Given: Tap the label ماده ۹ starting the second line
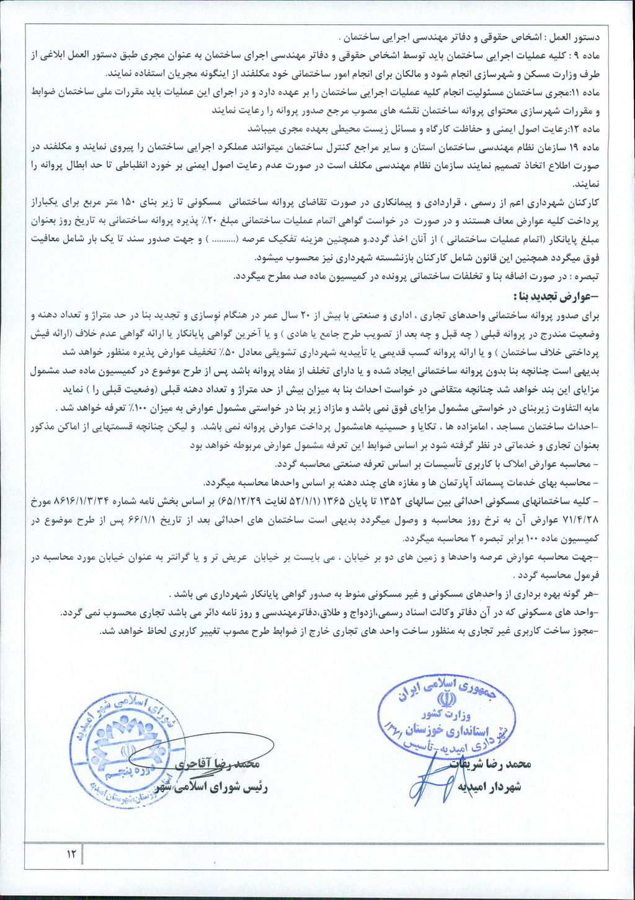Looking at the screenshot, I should pyautogui.click(x=590, y=55).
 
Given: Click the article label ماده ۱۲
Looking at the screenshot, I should pyautogui.click(x=589, y=130).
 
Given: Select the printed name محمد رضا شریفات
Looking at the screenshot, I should pyautogui.click(x=487, y=764).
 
